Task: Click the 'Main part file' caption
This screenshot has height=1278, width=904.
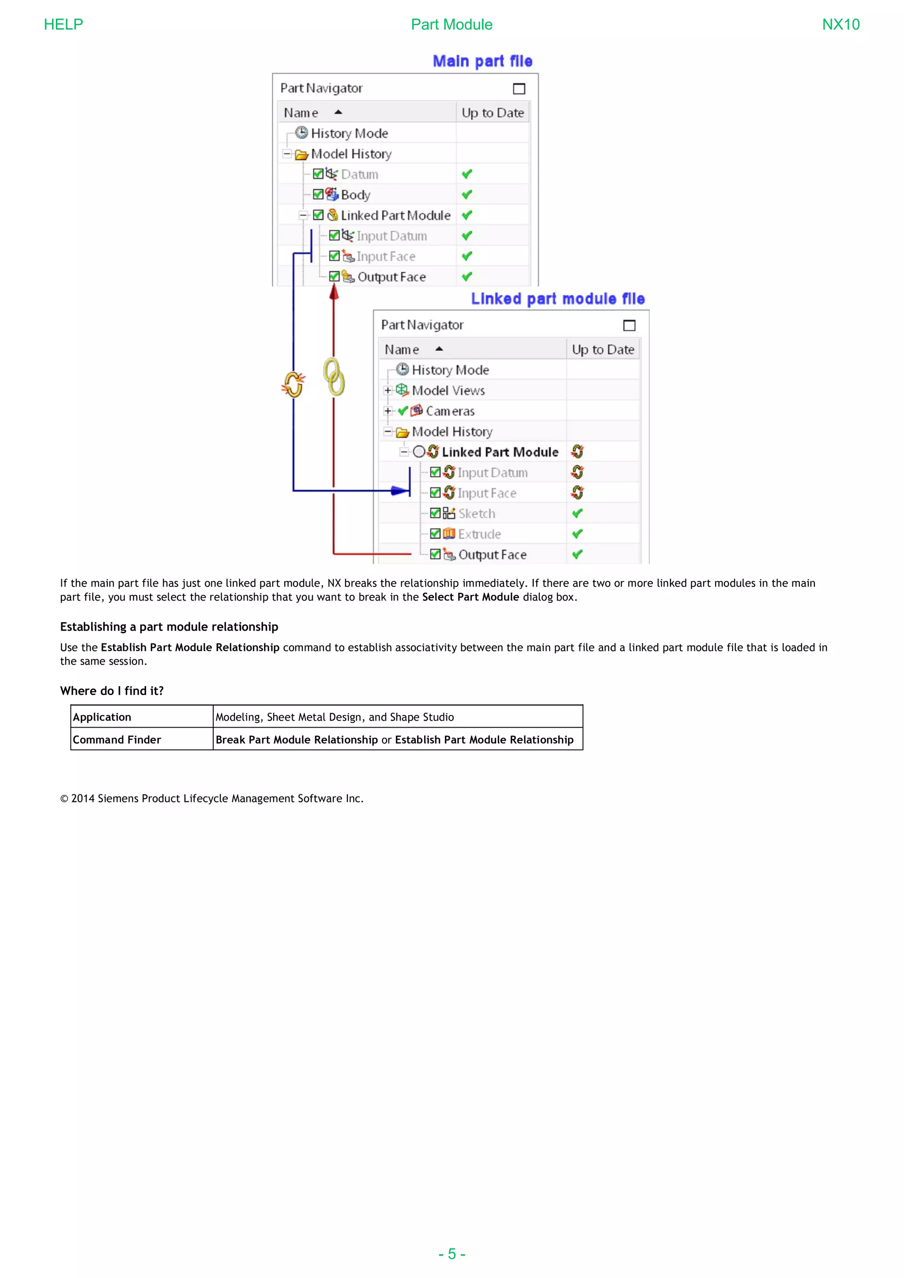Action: (x=482, y=61)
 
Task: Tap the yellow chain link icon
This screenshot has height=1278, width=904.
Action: (x=334, y=377)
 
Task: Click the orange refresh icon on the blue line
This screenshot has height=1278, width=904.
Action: (x=294, y=384)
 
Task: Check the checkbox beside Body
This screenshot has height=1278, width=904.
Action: (x=318, y=194)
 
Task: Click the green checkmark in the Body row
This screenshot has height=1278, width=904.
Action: (x=467, y=195)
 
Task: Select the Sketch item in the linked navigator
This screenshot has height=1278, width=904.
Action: (x=476, y=514)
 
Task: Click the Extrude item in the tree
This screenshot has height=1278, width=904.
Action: (x=479, y=534)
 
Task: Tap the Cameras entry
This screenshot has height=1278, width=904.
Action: (x=450, y=411)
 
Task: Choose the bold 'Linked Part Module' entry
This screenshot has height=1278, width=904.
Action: (x=499, y=452)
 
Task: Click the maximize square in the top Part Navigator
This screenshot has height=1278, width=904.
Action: (x=519, y=89)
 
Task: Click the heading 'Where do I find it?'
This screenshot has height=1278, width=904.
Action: (x=112, y=691)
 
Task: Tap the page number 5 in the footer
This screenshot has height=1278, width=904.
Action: (x=452, y=1254)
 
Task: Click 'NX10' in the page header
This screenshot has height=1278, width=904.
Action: (x=840, y=24)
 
